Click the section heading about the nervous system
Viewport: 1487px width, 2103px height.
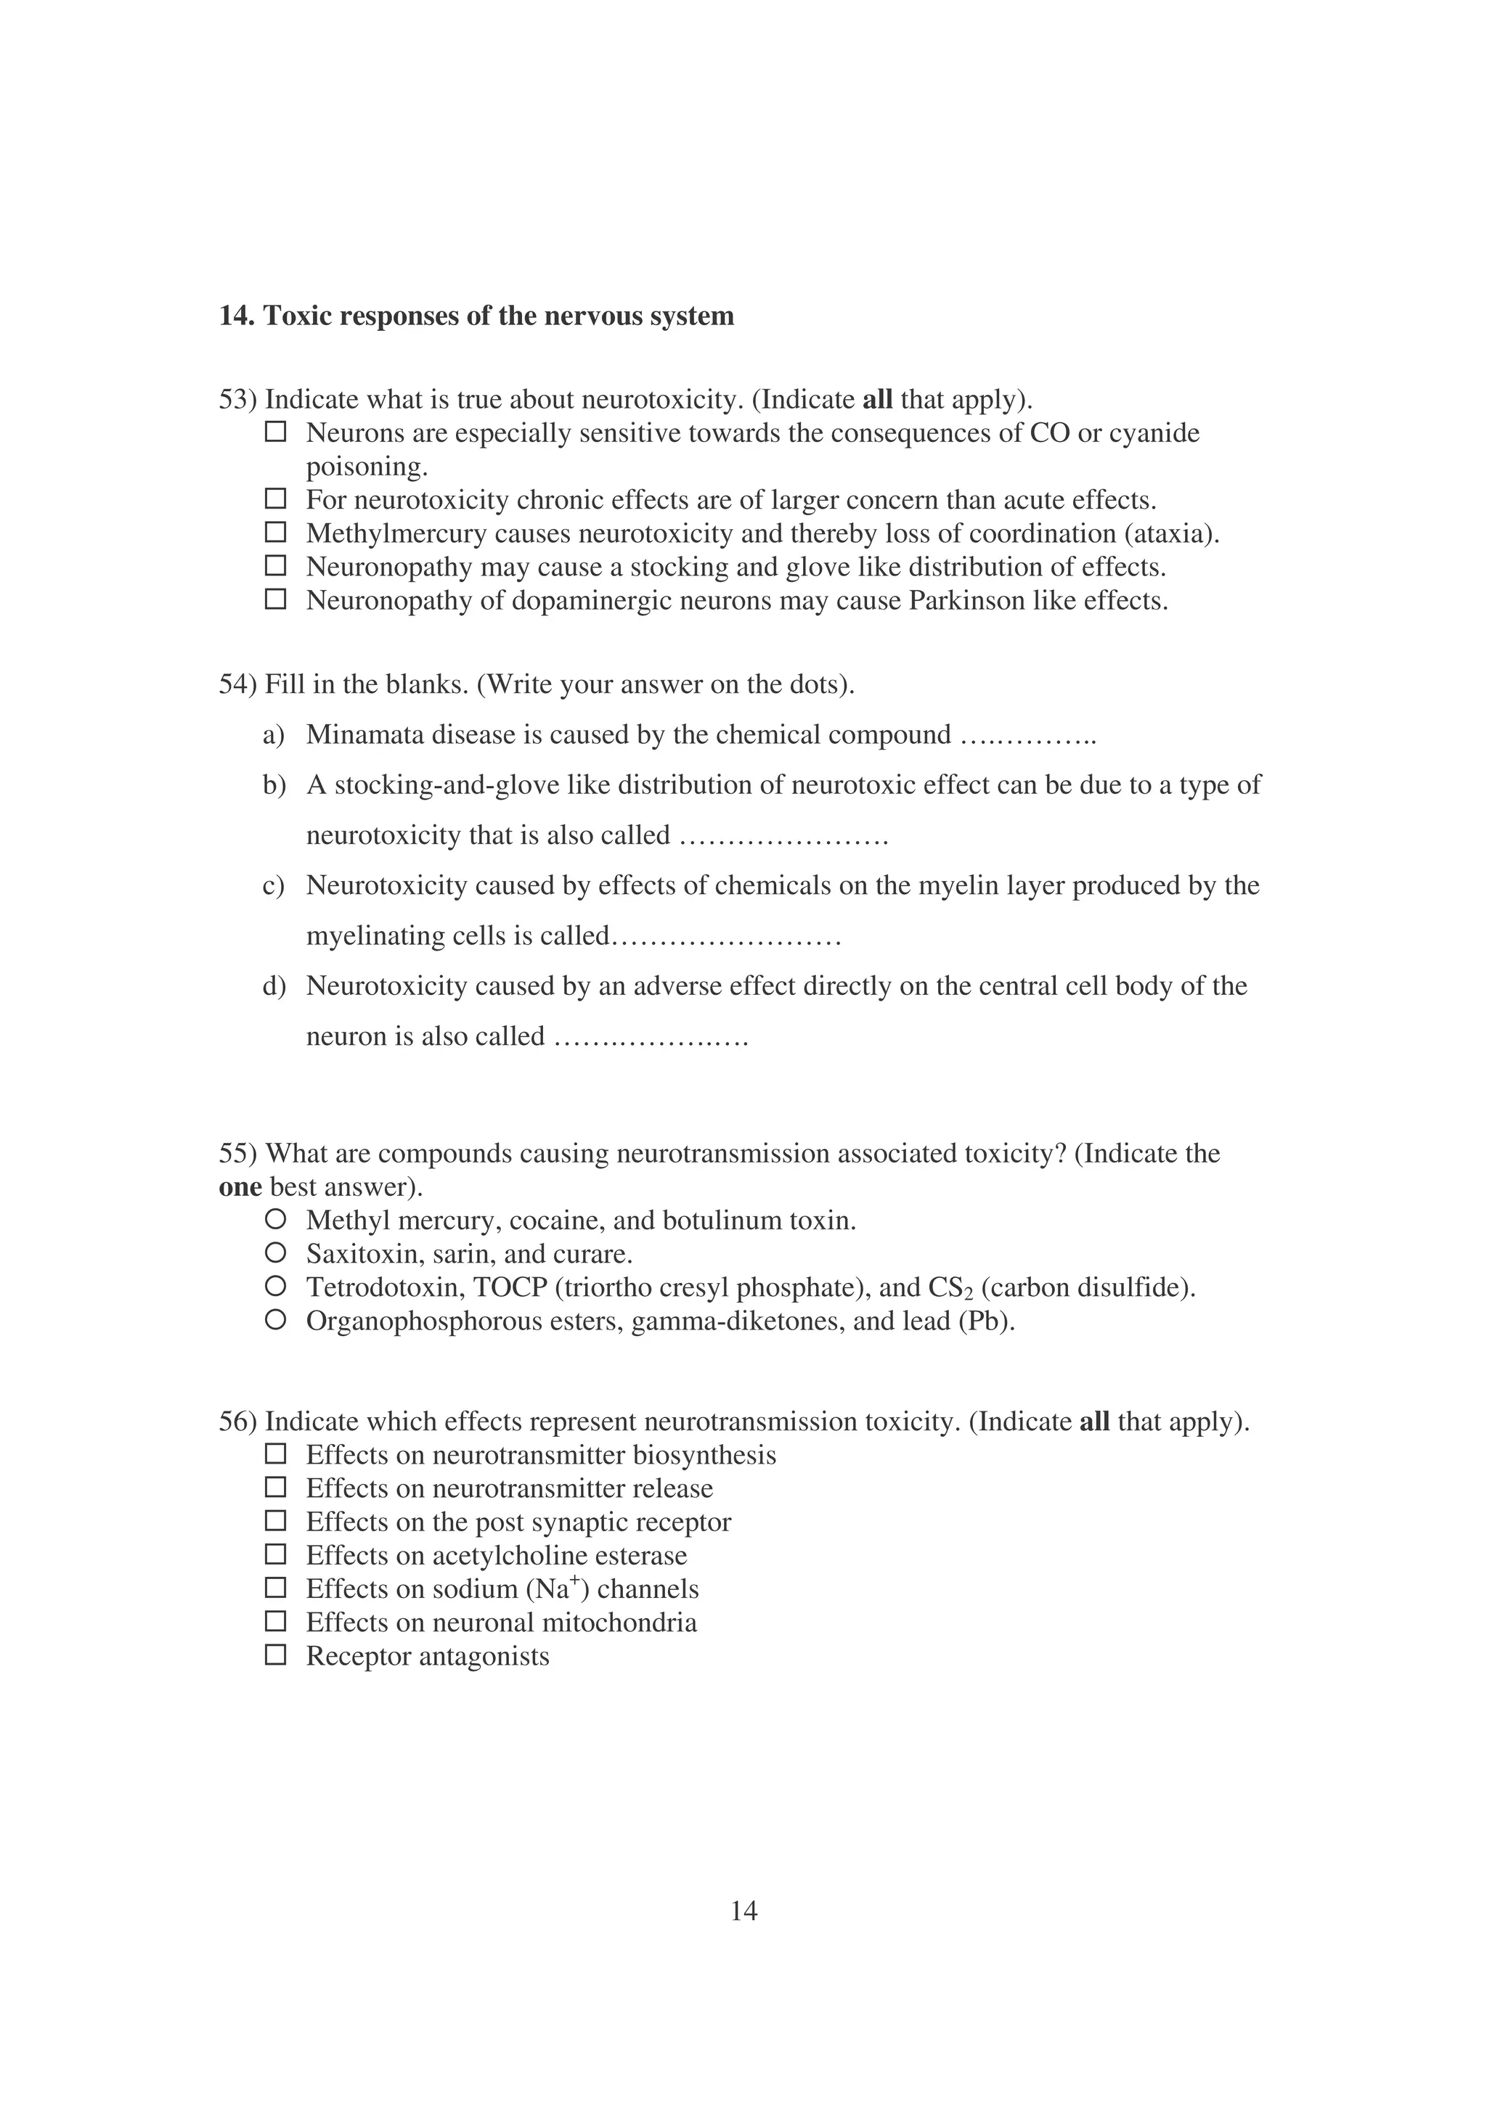pyautogui.click(x=476, y=316)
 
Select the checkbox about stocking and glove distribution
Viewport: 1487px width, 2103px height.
pyautogui.click(x=275, y=566)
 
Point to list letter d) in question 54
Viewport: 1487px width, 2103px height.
pyautogui.click(x=273, y=985)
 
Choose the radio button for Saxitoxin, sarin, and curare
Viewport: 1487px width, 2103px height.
pyautogui.click(x=275, y=1252)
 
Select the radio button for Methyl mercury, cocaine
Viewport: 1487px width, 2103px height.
pyautogui.click(x=275, y=1219)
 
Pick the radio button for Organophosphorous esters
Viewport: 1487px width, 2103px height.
pyautogui.click(x=275, y=1320)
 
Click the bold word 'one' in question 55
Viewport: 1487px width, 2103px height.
pyautogui.click(x=240, y=1187)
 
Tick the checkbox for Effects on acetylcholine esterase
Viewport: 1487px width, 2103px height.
pyautogui.click(x=275, y=1554)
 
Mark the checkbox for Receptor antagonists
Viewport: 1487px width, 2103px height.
pyautogui.click(x=275, y=1655)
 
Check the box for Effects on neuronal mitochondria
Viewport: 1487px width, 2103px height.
pyautogui.click(x=275, y=1621)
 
